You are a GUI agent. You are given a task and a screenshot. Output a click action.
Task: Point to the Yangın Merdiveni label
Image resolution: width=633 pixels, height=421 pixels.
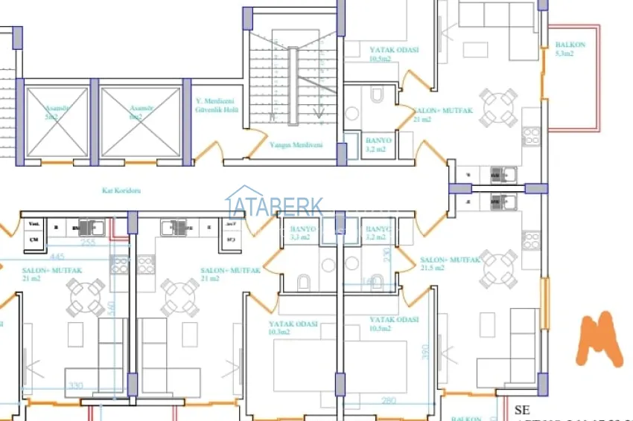[296, 145]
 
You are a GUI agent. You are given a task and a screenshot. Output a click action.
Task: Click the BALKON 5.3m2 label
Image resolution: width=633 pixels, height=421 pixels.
[570, 49]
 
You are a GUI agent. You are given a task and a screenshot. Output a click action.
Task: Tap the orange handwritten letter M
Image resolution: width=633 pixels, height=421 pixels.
[599, 339]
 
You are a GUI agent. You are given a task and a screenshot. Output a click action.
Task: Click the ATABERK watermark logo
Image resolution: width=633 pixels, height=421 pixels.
[274, 206]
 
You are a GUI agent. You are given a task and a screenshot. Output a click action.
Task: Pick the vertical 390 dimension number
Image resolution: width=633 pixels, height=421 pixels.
[426, 350]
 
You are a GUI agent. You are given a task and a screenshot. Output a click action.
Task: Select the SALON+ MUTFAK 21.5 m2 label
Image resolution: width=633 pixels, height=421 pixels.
[450, 263]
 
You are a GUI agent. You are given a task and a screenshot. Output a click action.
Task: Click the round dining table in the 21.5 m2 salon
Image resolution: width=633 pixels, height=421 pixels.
[498, 269]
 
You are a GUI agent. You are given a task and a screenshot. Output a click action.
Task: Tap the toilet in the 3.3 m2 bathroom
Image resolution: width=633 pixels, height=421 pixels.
[303, 282]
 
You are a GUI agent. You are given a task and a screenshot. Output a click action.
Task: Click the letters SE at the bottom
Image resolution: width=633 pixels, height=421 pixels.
[521, 410]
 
